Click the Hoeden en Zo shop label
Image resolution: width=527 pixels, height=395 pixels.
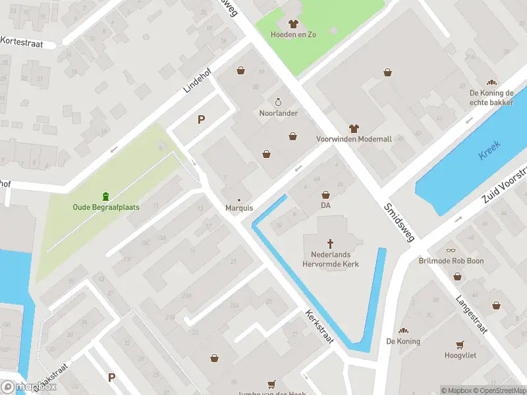[293, 34]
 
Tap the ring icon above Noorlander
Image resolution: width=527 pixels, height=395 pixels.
[278, 102]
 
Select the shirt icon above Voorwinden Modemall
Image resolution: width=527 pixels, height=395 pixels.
[354, 128]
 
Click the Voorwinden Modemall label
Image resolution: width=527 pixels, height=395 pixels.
[354, 140]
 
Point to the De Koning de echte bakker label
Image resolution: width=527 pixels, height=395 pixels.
[491, 97]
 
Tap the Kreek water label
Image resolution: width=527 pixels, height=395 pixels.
[490, 151]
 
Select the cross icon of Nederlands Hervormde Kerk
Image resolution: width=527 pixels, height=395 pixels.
[331, 243]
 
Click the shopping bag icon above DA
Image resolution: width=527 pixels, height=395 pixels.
[325, 195]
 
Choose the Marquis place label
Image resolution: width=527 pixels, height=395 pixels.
[239, 208]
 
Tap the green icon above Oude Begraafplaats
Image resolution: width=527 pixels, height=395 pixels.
[105, 196]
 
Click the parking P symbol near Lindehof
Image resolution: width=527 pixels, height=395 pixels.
[201, 119]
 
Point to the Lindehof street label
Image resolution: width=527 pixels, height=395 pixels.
[196, 83]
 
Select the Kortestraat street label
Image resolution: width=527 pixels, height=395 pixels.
[22, 41]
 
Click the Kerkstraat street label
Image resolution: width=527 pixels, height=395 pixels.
[319, 327]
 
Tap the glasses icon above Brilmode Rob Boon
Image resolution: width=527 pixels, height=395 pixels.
[451, 250]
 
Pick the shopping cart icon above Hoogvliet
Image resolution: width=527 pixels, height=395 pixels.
[460, 344]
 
